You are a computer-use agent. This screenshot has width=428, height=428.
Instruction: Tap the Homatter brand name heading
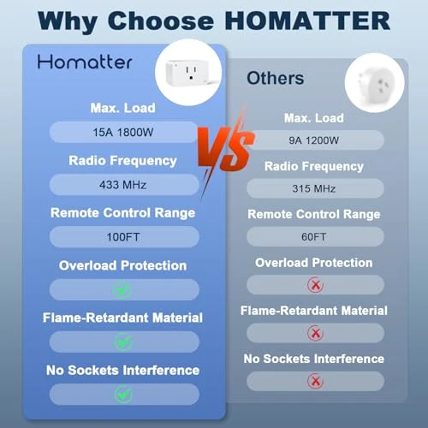click(x=85, y=62)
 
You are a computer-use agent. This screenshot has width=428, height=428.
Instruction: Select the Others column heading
click(x=275, y=78)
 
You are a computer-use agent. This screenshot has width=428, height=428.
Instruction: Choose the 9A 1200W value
click(x=313, y=140)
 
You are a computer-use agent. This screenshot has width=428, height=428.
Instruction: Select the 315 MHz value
click(x=313, y=187)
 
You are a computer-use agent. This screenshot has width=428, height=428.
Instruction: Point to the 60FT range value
click(x=313, y=236)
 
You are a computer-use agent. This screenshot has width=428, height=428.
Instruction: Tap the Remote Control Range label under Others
click(x=313, y=214)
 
